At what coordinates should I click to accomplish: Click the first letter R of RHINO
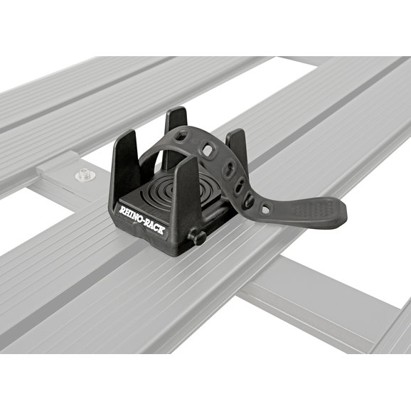[122, 210]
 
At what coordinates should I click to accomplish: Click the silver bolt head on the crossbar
[84, 174]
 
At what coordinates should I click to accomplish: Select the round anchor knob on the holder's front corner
[197, 236]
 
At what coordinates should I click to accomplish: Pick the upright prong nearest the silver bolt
[127, 164]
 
